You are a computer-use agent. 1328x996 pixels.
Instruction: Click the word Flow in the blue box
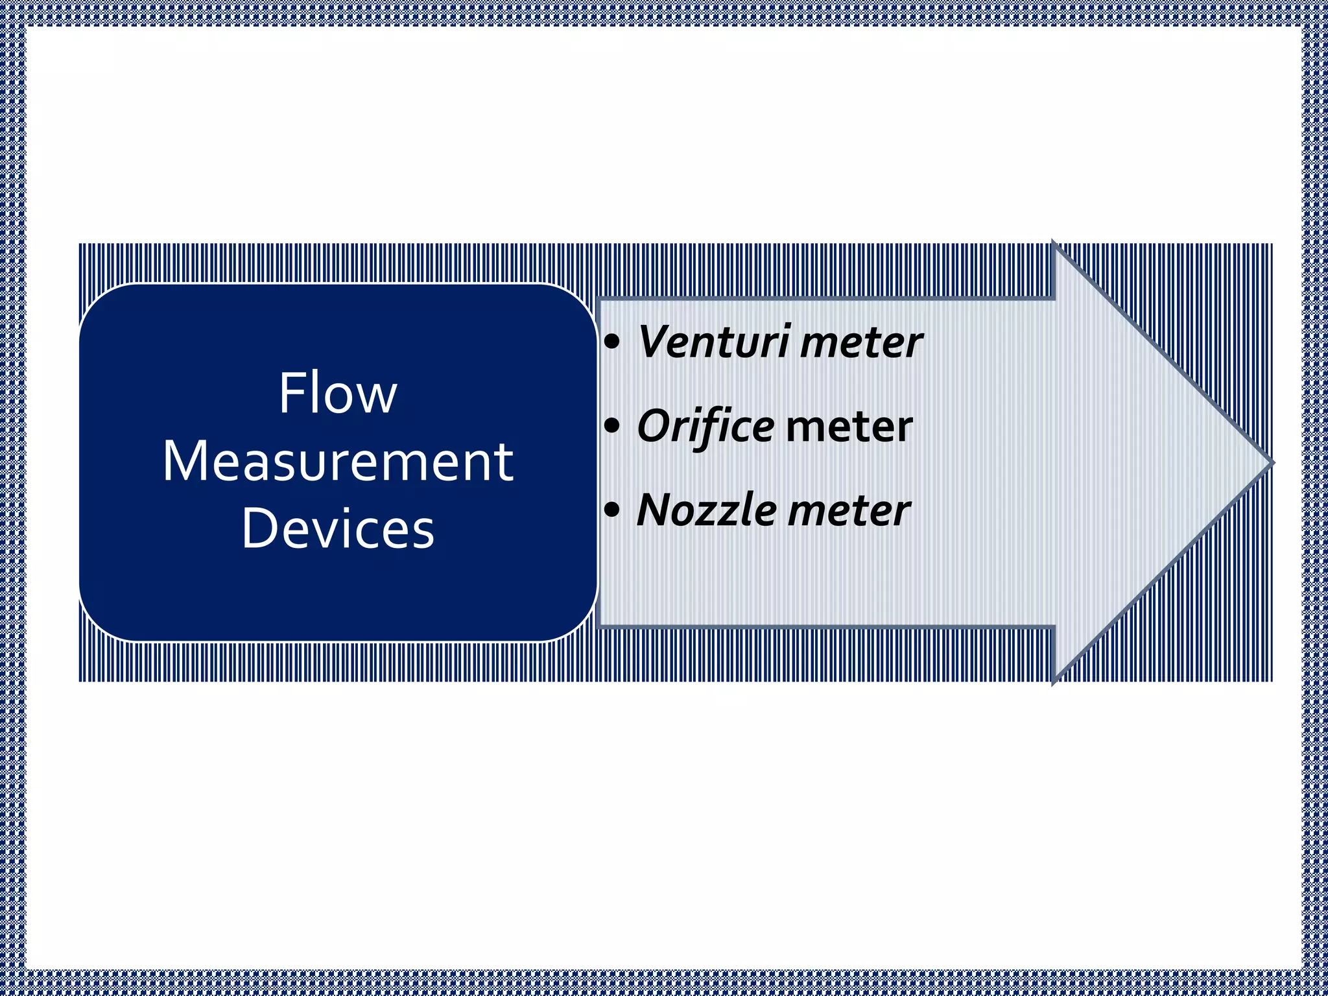point(337,394)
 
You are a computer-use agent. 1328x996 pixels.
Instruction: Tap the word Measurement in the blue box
point(338,461)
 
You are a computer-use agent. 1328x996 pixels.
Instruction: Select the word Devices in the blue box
point(338,528)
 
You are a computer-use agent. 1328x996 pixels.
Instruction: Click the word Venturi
point(714,342)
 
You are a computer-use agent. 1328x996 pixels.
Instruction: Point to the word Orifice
point(705,427)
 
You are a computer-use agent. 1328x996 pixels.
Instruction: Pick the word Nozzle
point(707,510)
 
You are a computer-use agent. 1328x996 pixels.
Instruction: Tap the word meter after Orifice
point(849,427)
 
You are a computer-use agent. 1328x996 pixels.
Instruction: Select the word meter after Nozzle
point(849,510)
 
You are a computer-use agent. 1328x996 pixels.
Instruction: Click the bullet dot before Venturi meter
point(611,342)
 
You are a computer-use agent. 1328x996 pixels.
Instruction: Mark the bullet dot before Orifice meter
point(611,427)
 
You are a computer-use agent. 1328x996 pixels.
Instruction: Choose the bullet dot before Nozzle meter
point(611,510)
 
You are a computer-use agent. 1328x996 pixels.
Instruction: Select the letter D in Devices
point(257,528)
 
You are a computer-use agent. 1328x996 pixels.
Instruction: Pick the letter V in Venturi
point(656,342)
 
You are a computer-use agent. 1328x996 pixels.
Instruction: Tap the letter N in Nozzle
point(655,510)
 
